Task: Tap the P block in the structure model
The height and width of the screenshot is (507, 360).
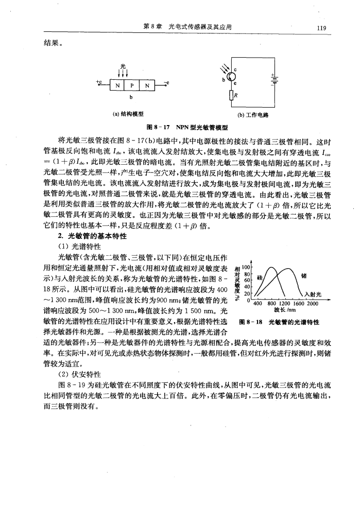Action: [131, 84]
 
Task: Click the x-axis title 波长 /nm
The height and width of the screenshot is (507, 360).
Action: [283, 310]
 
